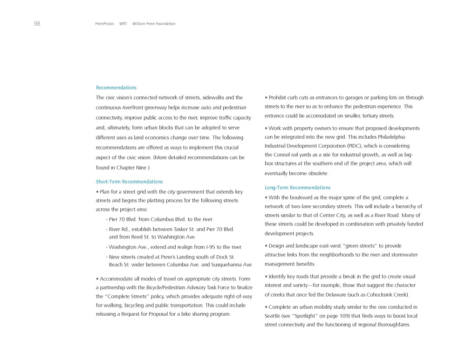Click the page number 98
pos(37,24)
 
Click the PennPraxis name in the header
pos(104,24)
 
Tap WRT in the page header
pos(123,24)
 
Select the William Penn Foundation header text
pos(154,24)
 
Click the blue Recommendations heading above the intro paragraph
pos(116,88)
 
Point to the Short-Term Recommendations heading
pos(129,182)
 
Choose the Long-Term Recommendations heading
pos(297,188)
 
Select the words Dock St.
pos(226,257)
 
